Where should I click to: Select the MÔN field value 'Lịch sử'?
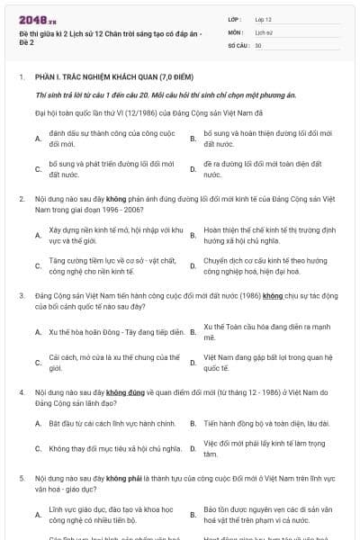tap(263, 31)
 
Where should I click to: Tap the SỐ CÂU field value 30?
tap(258, 44)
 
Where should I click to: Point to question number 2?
tap(22, 196)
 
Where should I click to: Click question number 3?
tap(22, 294)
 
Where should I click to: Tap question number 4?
tap(22, 393)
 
